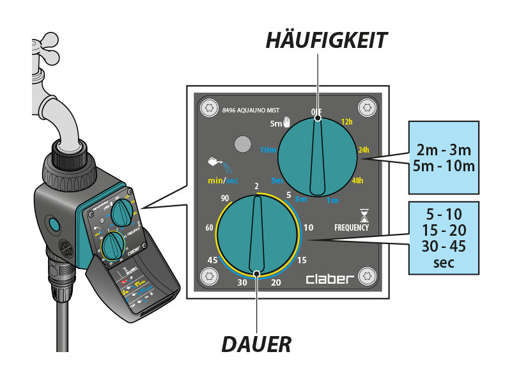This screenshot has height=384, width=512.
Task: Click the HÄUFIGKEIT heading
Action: (x=326, y=40)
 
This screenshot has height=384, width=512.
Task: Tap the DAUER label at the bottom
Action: (x=256, y=344)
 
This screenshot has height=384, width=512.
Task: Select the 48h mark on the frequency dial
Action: (x=357, y=180)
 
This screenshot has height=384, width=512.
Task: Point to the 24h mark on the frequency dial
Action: (x=364, y=150)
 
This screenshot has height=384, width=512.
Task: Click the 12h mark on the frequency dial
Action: (x=347, y=121)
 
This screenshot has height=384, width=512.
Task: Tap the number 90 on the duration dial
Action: (x=225, y=198)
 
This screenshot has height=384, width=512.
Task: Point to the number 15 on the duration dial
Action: (x=302, y=259)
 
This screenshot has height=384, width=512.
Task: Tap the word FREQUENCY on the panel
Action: (x=352, y=227)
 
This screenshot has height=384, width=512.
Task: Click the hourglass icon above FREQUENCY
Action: (x=364, y=215)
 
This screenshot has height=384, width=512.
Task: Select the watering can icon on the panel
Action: (x=215, y=165)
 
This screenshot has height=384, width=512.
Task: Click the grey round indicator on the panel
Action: (x=242, y=144)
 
